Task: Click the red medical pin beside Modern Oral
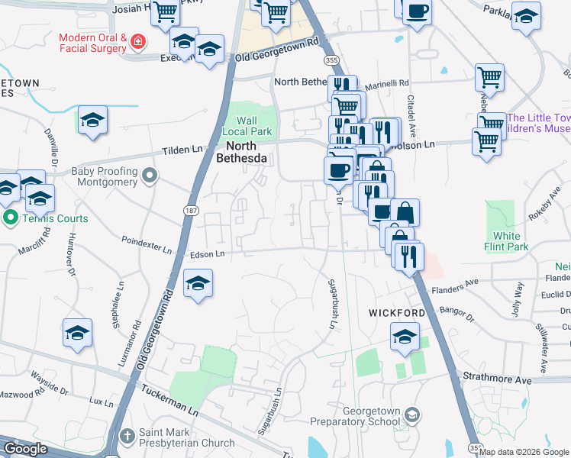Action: (x=138, y=41)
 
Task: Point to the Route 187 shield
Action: (x=189, y=208)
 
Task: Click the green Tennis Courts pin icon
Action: (x=9, y=218)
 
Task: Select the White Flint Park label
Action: (x=506, y=241)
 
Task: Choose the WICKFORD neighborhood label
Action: (x=396, y=313)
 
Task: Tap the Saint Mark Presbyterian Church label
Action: (x=186, y=437)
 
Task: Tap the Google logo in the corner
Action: (x=25, y=449)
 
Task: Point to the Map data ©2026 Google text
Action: (x=524, y=452)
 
